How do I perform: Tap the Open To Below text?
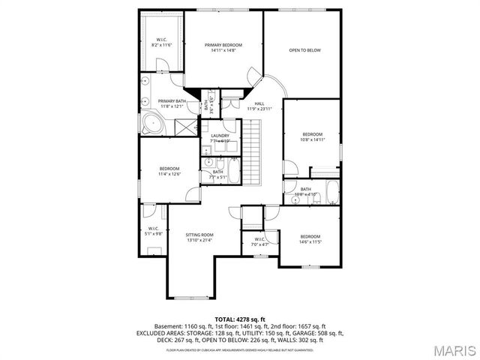point(304,50)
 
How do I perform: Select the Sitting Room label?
point(199,235)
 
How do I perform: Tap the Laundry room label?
point(220,136)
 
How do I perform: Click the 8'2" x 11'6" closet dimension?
point(162,45)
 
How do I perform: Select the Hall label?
point(259,103)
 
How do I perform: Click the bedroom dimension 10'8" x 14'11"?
point(312,139)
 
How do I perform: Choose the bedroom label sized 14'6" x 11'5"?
point(310,237)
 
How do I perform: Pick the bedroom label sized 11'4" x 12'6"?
point(169,169)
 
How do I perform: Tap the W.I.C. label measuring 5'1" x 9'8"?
point(153,229)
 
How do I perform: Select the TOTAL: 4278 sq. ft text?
point(240,319)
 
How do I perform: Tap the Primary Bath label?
point(172,101)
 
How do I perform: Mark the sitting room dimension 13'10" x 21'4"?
point(199,240)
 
